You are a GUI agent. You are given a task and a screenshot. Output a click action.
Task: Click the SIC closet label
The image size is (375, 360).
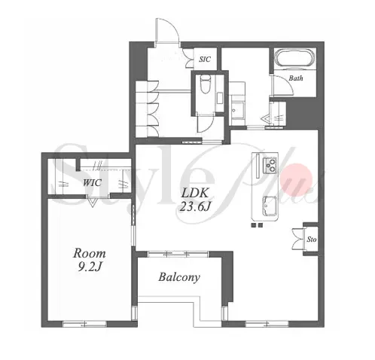tap(205, 59)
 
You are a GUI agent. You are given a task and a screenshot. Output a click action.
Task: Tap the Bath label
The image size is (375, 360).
tap(296, 78)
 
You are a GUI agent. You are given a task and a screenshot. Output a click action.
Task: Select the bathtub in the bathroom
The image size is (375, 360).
tap(294, 59)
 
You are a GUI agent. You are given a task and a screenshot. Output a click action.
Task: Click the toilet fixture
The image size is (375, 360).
tap(205, 84)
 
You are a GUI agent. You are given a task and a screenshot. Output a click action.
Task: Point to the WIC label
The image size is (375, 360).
tap(92, 182)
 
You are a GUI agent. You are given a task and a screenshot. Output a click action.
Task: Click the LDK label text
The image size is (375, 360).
tap(195, 193)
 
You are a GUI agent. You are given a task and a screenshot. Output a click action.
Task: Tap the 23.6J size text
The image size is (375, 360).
tap(195, 206)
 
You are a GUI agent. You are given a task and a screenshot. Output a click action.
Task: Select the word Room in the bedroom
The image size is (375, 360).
tap(90, 253)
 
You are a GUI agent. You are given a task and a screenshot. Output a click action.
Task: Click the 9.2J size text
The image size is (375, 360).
tap(90, 267)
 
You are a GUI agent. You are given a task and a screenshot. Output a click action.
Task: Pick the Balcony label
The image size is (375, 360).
tap(179, 277)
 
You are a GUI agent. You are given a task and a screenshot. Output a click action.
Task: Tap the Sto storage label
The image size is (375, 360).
tap(312, 239)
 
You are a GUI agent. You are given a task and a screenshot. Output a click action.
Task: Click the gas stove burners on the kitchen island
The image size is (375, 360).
tap(270, 165)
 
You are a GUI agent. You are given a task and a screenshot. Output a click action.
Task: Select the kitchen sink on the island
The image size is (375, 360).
tap(270, 206)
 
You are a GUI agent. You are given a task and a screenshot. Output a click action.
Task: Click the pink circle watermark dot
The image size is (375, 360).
tap(296, 179)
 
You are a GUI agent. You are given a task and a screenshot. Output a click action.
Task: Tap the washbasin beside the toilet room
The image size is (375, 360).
tap(237, 110)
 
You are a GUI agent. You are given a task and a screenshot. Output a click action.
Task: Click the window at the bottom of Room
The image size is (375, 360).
tap(85, 324)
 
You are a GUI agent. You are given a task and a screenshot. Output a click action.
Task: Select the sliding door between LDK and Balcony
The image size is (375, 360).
tap(178, 254)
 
